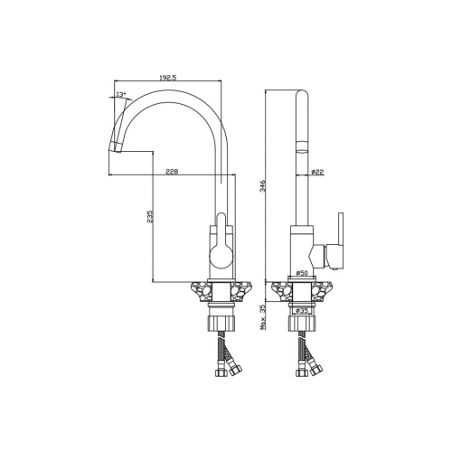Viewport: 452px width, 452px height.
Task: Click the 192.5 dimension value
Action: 167,78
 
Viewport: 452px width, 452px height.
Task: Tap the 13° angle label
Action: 121,94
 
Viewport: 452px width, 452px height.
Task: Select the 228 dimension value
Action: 172,172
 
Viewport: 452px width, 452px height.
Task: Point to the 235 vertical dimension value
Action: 150,217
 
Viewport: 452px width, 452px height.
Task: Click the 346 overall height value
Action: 262,186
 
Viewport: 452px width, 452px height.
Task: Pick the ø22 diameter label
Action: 317,172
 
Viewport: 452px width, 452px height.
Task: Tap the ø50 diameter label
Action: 302,273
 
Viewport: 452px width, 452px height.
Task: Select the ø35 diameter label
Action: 301,311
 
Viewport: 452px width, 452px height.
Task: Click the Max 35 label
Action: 262,316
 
